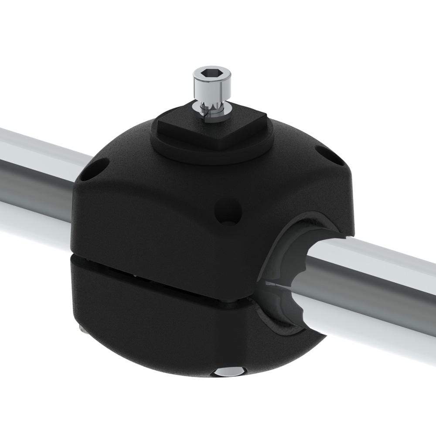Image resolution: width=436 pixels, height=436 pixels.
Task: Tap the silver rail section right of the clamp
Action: click(x=384, y=279)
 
